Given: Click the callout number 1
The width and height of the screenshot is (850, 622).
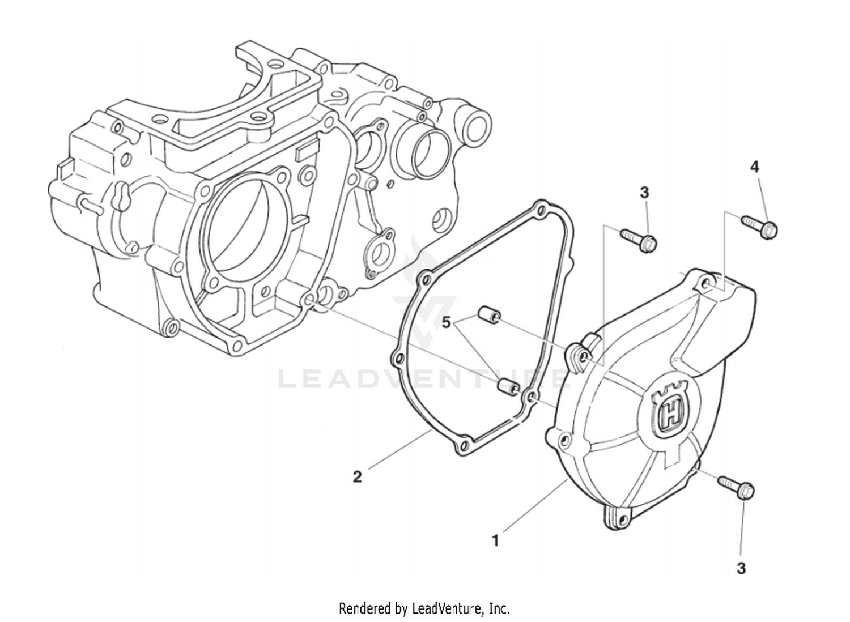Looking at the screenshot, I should click(x=495, y=540).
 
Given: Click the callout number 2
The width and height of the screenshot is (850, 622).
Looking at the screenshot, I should click(x=357, y=476).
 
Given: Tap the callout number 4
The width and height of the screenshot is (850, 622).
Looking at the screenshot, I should click(x=754, y=167).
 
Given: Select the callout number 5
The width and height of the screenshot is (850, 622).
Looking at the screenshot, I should click(x=447, y=322).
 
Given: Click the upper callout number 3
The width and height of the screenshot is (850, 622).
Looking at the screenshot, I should click(x=644, y=193).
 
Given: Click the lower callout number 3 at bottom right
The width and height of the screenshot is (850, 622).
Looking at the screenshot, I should click(x=741, y=568).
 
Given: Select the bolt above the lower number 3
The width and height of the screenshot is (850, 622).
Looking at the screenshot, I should click(x=736, y=487).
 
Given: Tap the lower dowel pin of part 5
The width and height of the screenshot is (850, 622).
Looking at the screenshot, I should click(x=508, y=386).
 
